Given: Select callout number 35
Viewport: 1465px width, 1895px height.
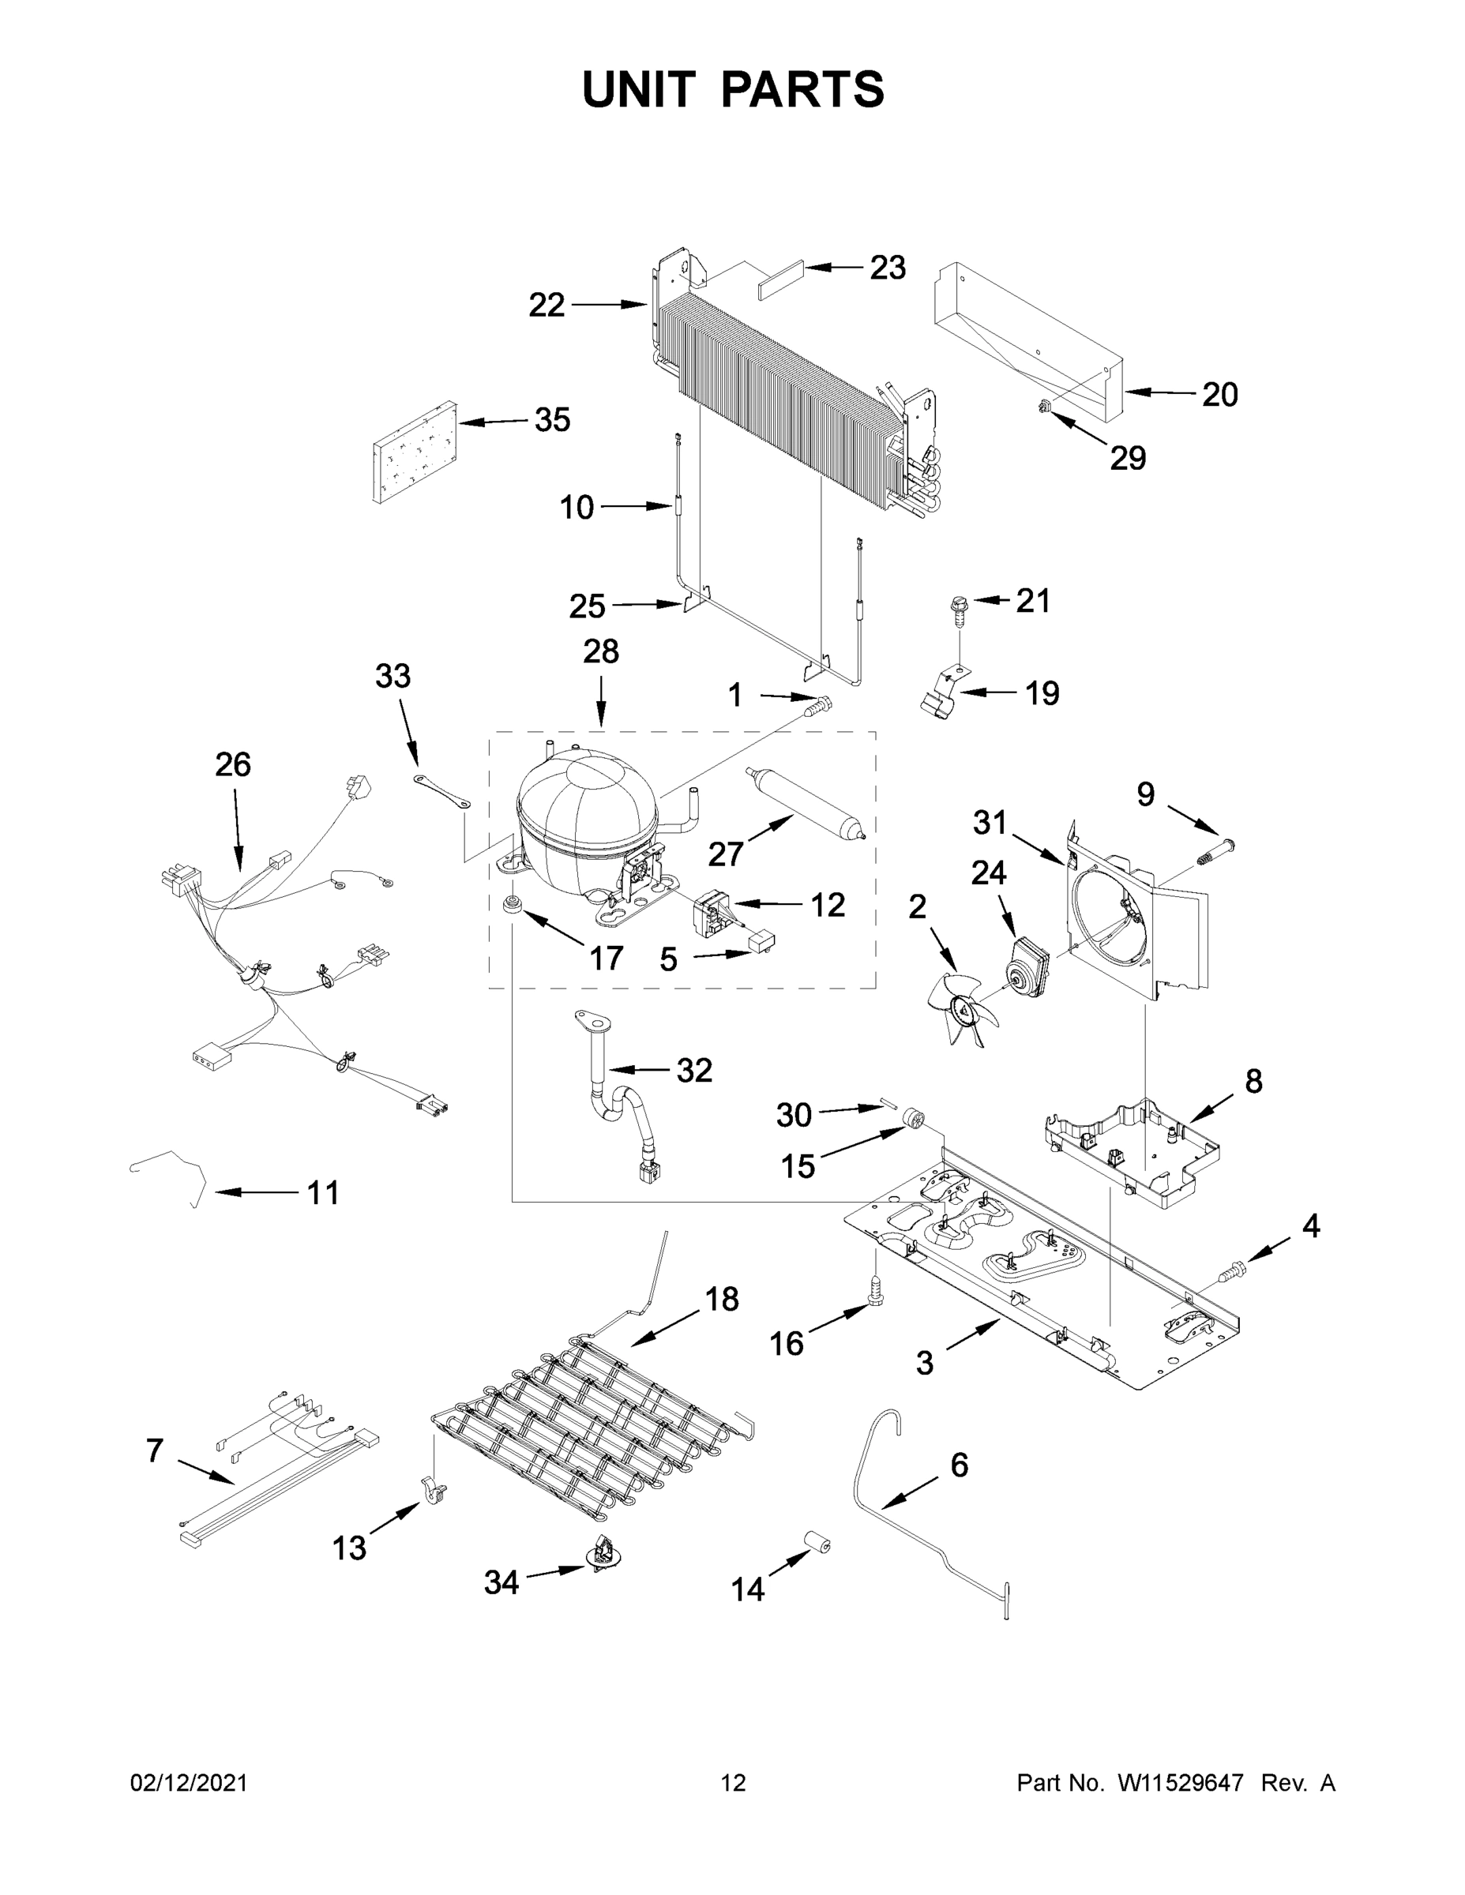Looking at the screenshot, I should tap(552, 420).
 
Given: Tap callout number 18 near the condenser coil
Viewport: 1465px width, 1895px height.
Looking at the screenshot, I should tap(721, 1299).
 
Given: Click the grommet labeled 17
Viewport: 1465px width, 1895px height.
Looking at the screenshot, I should tap(513, 904).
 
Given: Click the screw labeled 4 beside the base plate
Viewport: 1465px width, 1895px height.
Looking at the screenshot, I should tap(1234, 1273).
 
